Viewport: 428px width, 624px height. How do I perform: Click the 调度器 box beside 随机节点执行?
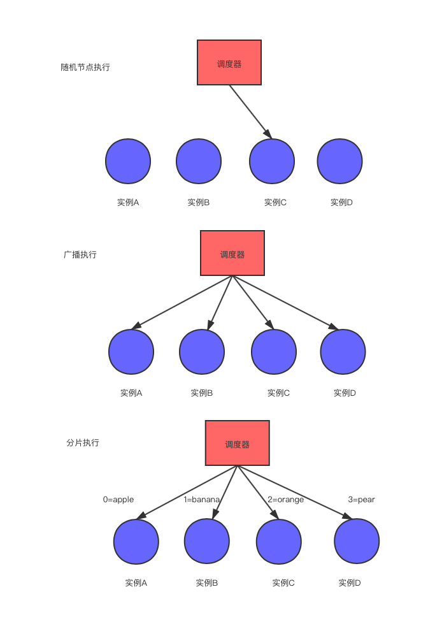(x=229, y=62)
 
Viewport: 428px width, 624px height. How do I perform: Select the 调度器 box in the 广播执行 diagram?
(x=232, y=253)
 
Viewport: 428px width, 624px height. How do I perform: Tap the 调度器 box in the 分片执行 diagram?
(x=237, y=443)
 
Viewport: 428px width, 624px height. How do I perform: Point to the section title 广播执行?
(x=80, y=254)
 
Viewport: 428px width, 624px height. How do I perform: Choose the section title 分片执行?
(x=83, y=442)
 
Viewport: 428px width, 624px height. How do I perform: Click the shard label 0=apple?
(x=118, y=500)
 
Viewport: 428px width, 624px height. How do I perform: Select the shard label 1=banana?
(x=201, y=500)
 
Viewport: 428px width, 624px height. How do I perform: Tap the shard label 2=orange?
(x=285, y=500)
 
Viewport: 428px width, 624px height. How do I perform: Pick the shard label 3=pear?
(x=361, y=500)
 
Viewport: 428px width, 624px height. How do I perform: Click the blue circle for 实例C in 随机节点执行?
(x=271, y=161)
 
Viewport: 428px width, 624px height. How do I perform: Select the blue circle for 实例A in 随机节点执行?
(x=128, y=161)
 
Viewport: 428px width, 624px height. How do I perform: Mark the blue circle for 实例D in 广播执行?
(x=343, y=352)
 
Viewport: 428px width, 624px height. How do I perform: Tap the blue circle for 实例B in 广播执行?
(x=202, y=352)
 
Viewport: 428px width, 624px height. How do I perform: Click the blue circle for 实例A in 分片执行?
(x=136, y=542)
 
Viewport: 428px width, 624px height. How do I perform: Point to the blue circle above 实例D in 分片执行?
(x=357, y=542)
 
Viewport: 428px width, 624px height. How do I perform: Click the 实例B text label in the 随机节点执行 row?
(x=199, y=203)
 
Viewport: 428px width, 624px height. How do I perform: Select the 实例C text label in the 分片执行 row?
(x=283, y=583)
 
